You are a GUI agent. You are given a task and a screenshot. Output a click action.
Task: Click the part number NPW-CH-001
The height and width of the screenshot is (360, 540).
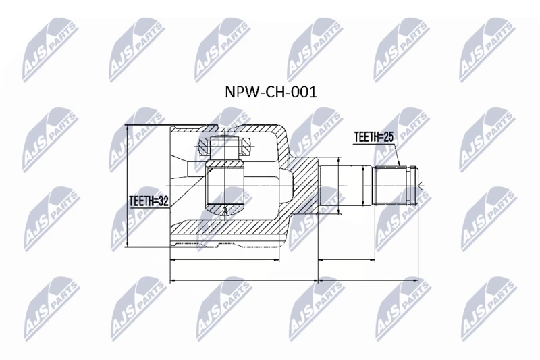point(271,92)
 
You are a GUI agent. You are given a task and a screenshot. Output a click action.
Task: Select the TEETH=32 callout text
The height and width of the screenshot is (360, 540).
point(148,201)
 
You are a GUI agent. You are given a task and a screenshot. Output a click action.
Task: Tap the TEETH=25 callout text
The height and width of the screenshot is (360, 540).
point(374,137)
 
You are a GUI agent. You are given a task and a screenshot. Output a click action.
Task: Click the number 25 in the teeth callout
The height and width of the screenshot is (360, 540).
point(388,137)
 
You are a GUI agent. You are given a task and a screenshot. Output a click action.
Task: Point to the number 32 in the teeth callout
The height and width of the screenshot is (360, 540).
point(163,201)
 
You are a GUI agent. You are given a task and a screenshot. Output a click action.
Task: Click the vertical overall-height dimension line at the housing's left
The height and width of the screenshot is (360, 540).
point(128,186)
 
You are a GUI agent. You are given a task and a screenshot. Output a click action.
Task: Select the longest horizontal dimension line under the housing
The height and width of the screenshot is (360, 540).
point(244,280)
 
